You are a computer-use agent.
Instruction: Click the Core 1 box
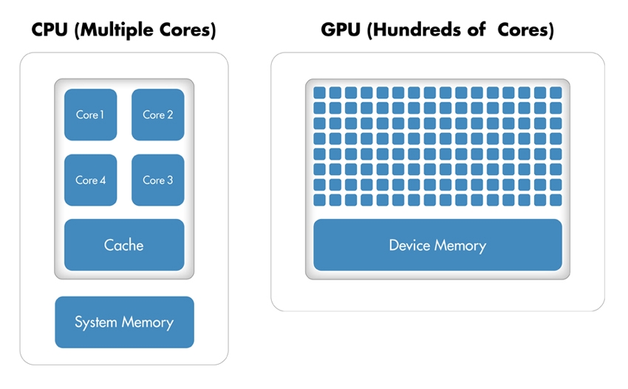[90, 115]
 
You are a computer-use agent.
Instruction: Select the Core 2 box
[157, 115]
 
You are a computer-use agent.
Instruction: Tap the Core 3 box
[157, 180]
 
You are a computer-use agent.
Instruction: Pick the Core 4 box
[90, 180]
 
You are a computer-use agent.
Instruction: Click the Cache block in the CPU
[124, 245]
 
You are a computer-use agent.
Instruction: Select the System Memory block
[124, 322]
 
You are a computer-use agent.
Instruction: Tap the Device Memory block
[437, 245]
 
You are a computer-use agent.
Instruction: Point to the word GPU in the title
[339, 30]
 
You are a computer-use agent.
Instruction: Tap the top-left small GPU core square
[319, 93]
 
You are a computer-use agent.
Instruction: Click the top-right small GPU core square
[556, 93]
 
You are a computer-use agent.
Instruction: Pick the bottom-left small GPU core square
[319, 200]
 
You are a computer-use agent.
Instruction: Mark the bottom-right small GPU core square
[556, 200]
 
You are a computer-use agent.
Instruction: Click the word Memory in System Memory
[149, 322]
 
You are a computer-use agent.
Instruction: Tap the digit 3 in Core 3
[170, 180]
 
